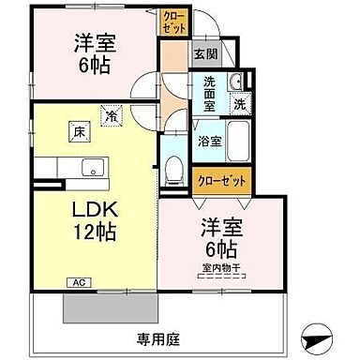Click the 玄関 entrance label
point(206,54)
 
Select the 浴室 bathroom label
point(208,142)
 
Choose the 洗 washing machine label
point(239,104)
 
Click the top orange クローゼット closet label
point(173,21)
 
